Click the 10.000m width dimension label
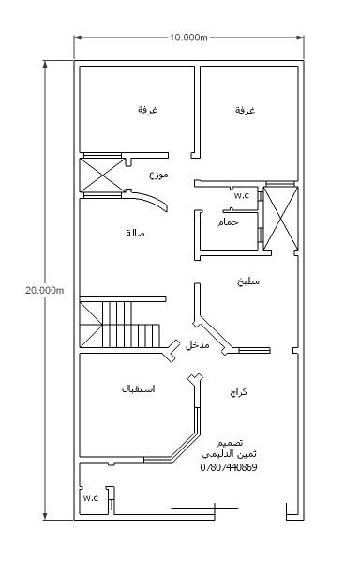click(188, 38)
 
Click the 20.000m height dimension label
click(45, 290)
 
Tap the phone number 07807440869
click(229, 467)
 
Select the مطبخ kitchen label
click(248, 281)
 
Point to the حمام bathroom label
click(228, 222)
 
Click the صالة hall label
click(135, 233)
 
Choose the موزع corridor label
click(158, 175)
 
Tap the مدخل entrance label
click(198, 345)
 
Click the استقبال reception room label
click(138, 388)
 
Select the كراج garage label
click(238, 392)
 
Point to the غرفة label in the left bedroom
click(148, 110)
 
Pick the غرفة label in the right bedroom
click(245, 110)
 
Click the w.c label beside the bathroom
click(242, 196)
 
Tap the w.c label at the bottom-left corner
click(91, 498)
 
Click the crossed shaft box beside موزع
click(102, 175)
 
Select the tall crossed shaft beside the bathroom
click(280, 218)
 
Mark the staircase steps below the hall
click(120, 325)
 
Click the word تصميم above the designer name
click(230, 443)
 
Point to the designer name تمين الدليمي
click(229, 454)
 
